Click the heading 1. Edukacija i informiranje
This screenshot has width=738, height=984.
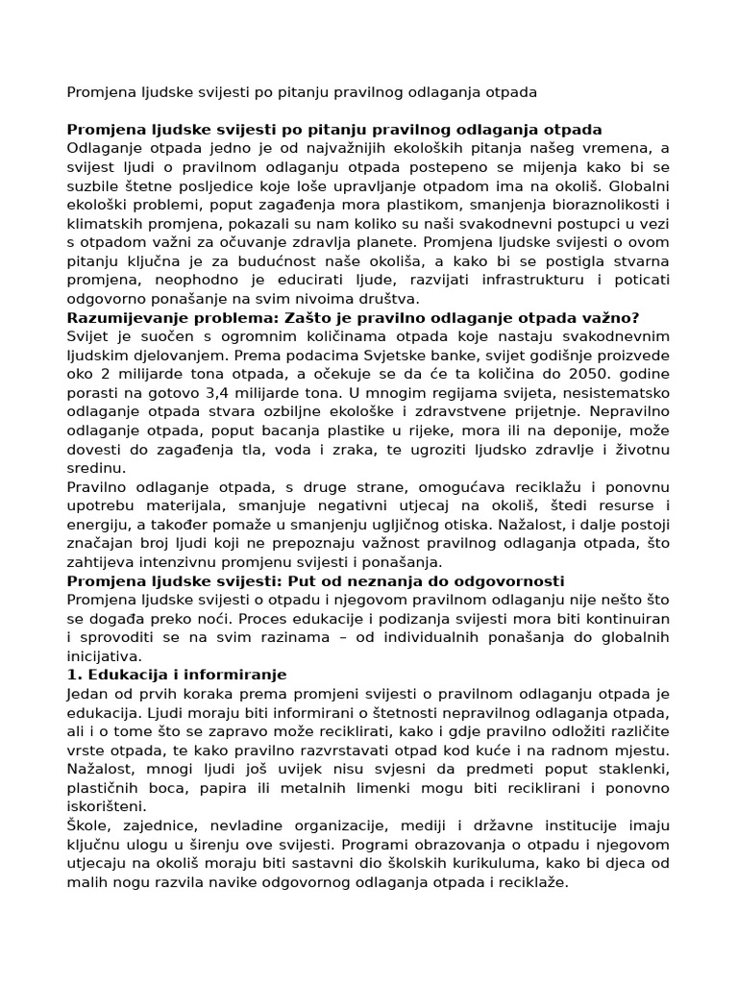pos(177,676)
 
